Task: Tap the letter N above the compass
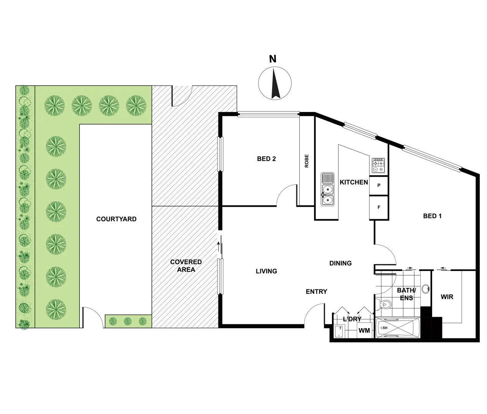[272, 59]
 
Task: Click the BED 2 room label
[266, 159]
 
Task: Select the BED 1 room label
[432, 216]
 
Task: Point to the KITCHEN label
[353, 182]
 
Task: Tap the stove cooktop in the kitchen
[378, 165]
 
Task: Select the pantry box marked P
[379, 186]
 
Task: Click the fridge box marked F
[379, 207]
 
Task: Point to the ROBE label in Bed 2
[307, 161]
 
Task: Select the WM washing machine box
[364, 330]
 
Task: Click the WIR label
[447, 297]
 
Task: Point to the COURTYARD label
[116, 219]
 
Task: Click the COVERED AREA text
[186, 266]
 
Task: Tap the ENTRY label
[316, 292]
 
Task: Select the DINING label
[340, 263]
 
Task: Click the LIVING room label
[266, 271]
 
